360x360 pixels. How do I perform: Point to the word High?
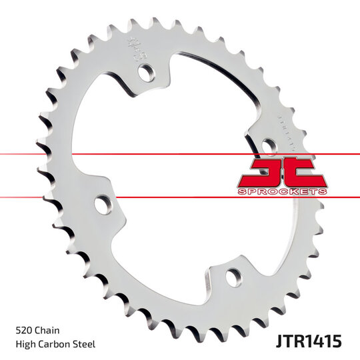pyautogui.click(x=25, y=345)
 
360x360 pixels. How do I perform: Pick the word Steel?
pyautogui.click(x=85, y=345)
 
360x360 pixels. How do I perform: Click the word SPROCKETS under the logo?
pyautogui.click(x=282, y=191)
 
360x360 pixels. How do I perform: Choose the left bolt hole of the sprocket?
pyautogui.click(x=102, y=205)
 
